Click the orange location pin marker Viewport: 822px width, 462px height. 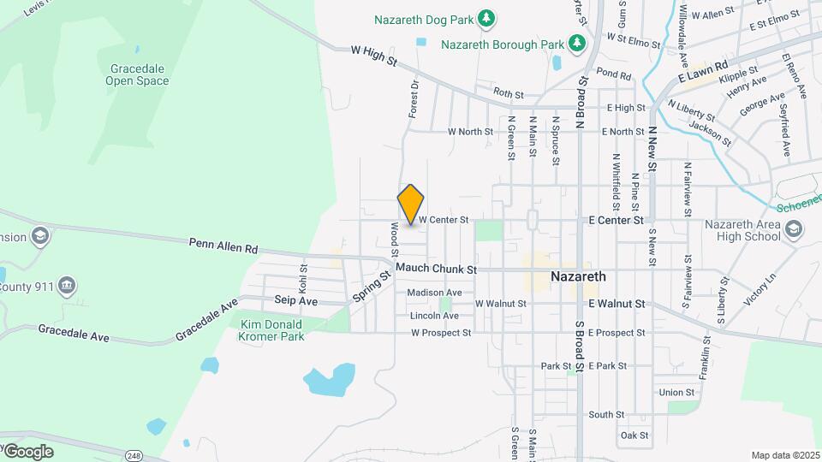click(x=411, y=204)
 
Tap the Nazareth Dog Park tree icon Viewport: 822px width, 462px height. click(x=486, y=18)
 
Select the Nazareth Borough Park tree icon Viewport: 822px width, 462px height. click(x=578, y=43)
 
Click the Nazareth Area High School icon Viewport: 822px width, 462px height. click(x=794, y=228)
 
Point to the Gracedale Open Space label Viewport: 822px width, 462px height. click(x=137, y=74)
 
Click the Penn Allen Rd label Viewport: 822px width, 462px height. click(x=223, y=246)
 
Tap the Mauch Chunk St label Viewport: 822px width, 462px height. click(x=436, y=269)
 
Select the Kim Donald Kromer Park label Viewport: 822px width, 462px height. click(x=272, y=330)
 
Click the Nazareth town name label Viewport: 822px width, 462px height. click(x=578, y=276)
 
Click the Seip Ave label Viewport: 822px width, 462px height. click(x=296, y=301)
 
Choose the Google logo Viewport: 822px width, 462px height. click(x=28, y=451)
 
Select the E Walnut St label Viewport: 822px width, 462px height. click(x=616, y=304)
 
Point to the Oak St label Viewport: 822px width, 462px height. click(x=634, y=435)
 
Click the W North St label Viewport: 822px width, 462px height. click(x=471, y=132)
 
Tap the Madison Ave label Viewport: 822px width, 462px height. click(x=434, y=293)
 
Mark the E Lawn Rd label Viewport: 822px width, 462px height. click(x=703, y=71)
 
